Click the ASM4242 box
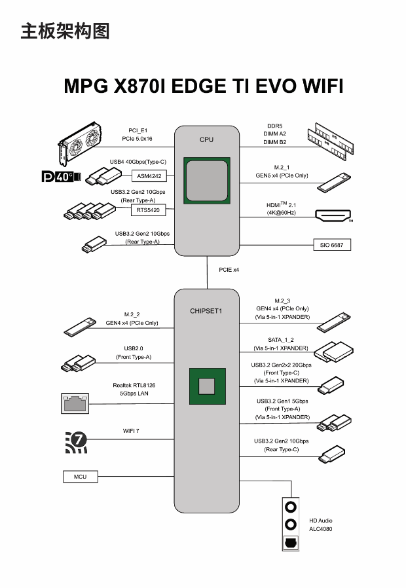(x=150, y=176)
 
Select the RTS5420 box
(x=149, y=210)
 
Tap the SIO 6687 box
(x=332, y=245)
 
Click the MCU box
(x=80, y=476)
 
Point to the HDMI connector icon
(x=333, y=215)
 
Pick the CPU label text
(x=206, y=139)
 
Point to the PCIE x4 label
(x=229, y=270)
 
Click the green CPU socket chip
(x=206, y=179)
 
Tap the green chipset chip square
(x=207, y=386)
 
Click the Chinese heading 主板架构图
(x=65, y=31)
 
